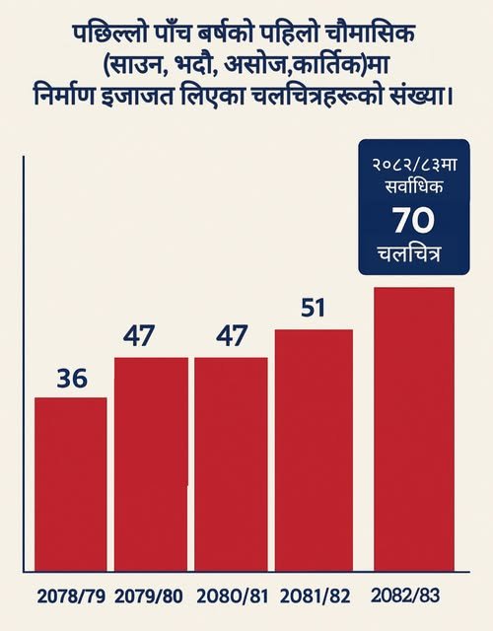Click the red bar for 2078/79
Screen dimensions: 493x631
click(71, 484)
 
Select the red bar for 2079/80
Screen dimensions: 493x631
click(151, 464)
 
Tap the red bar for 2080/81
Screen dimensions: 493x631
click(231, 464)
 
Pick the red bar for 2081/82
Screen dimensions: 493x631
click(314, 450)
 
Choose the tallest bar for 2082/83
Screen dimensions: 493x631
click(414, 429)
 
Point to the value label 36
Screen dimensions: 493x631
click(72, 379)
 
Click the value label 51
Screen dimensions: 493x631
click(313, 309)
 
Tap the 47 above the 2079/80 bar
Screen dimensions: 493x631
click(139, 336)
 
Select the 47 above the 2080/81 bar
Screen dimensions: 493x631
click(231, 336)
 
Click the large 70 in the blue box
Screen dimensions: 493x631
click(414, 221)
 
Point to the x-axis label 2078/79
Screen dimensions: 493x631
click(71, 596)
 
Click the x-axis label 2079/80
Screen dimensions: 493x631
click(149, 596)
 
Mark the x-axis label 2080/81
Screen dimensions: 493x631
click(233, 596)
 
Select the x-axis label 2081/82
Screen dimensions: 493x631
click(316, 596)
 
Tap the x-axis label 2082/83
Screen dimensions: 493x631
click(405, 596)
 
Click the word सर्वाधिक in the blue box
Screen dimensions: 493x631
click(414, 186)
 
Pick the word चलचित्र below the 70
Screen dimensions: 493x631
click(409, 254)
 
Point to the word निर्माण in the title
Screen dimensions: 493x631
click(63, 98)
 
